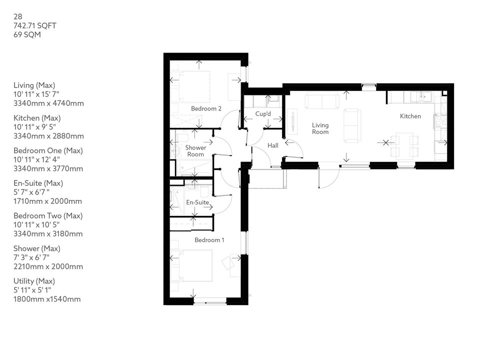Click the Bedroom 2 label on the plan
coord(206,108)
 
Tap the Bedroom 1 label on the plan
coord(209,240)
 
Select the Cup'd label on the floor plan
coord(263,113)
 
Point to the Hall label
coord(272,145)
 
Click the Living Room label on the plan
coord(320,128)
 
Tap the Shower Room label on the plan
coord(195,151)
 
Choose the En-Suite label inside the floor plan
coord(197,202)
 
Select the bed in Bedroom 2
coord(194,85)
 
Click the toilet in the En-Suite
coord(203,191)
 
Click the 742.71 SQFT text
coord(35,25)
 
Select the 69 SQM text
coord(27,35)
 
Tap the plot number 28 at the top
coord(18,16)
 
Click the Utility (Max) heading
coord(34,281)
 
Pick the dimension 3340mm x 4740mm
coord(48,103)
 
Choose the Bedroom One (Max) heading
coord(48,150)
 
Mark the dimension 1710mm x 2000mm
coord(47,201)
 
